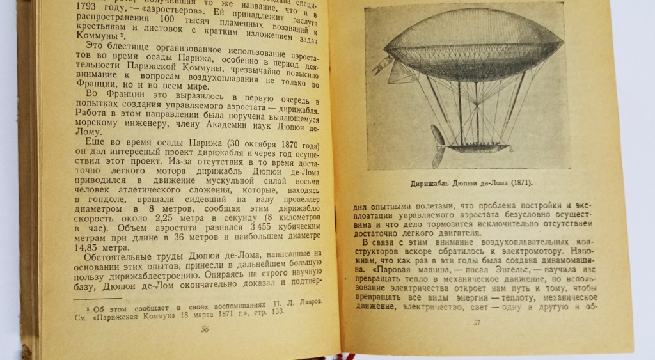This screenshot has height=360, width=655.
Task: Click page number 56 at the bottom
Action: click(205, 329)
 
